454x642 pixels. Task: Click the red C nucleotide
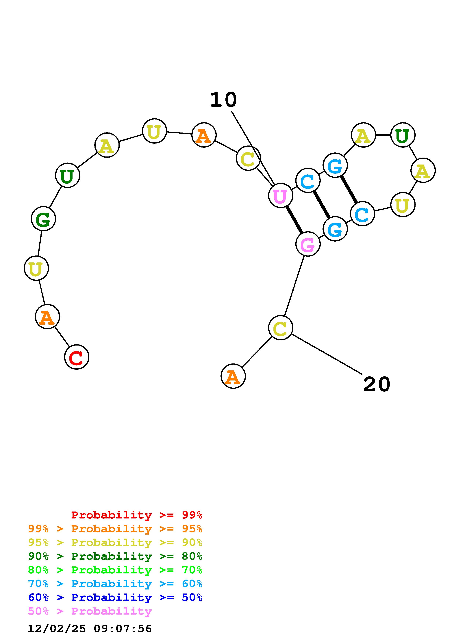click(77, 357)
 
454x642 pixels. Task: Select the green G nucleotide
click(43, 219)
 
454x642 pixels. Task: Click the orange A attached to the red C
click(47, 317)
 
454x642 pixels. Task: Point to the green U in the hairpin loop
click(403, 135)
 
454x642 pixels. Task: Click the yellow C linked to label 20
click(281, 328)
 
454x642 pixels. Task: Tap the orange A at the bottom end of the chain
click(233, 376)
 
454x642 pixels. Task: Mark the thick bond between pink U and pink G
click(294, 220)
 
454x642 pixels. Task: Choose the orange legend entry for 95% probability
click(115, 529)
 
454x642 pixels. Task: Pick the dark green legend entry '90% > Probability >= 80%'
click(115, 556)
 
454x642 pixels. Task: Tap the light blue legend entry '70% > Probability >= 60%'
click(115, 584)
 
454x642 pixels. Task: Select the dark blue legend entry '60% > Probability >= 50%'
click(115, 597)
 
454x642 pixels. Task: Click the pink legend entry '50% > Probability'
click(90, 611)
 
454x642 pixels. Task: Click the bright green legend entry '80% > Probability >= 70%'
click(115, 570)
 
